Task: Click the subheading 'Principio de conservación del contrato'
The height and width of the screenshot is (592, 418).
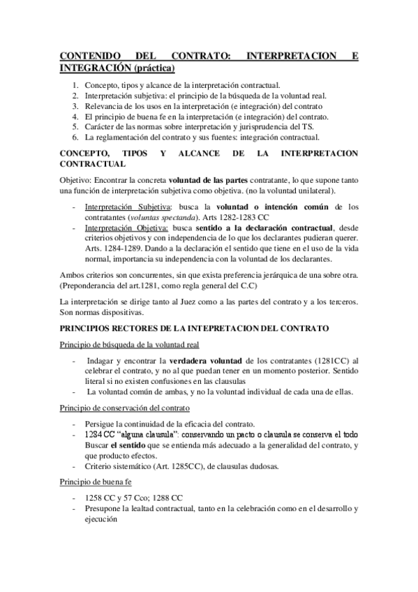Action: click(124, 407)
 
